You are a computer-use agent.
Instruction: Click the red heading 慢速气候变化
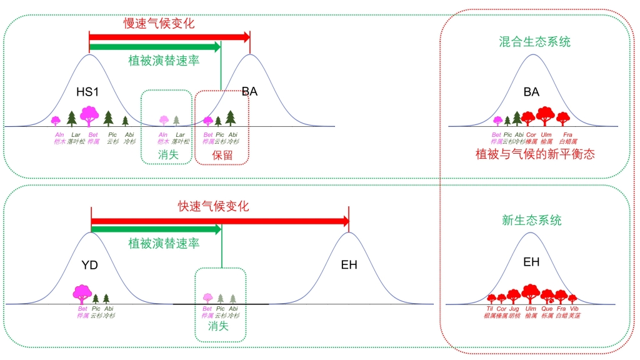[159, 24]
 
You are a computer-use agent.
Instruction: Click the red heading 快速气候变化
[213, 206]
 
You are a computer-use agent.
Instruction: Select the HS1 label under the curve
[89, 92]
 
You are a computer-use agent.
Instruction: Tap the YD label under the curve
[90, 265]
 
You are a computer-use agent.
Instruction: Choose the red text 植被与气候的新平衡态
[535, 154]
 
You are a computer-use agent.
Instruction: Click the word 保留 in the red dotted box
[222, 156]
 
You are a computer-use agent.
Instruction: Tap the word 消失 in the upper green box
[168, 154]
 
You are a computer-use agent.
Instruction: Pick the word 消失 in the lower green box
[218, 326]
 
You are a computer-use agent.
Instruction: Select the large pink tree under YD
[82, 294]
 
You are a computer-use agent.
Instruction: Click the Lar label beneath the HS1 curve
[76, 134]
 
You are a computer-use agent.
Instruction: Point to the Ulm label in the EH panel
[531, 309]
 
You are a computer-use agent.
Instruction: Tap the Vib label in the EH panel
[574, 309]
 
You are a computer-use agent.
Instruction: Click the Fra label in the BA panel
[567, 134]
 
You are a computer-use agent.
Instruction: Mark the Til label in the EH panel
[489, 309]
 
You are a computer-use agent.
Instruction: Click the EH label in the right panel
[531, 262]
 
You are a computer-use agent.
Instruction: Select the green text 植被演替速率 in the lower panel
[164, 244]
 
